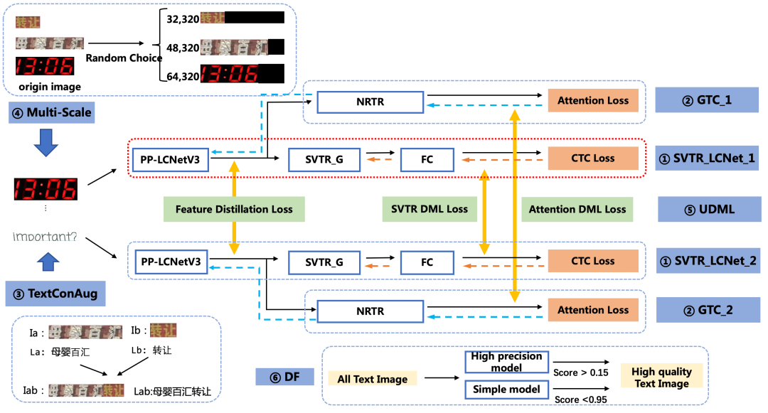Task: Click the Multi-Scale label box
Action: (52, 112)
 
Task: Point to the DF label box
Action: (284, 375)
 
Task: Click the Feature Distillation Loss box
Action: (234, 210)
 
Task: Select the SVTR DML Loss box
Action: (430, 209)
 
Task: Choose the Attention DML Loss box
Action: (577, 209)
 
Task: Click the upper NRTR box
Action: (370, 102)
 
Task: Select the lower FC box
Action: (427, 262)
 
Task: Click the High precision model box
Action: (506, 362)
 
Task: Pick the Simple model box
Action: (506, 389)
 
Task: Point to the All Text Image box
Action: (373, 379)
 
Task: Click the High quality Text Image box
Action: (661, 377)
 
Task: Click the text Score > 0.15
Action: (581, 372)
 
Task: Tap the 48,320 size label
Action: (183, 48)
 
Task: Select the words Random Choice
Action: (124, 58)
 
